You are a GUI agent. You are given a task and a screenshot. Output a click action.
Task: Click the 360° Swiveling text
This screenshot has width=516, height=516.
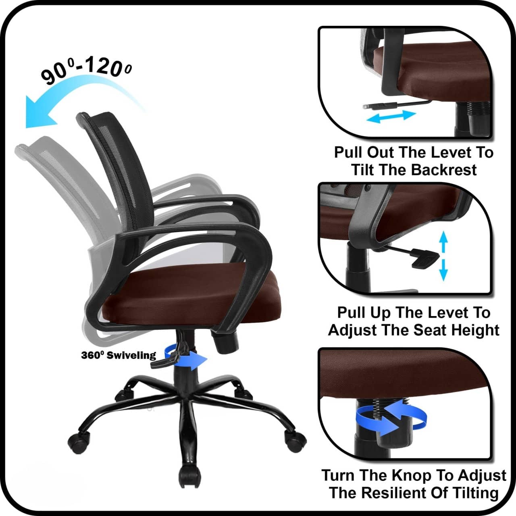tap(118, 355)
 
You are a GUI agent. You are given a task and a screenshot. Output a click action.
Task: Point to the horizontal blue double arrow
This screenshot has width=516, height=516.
tap(391, 117)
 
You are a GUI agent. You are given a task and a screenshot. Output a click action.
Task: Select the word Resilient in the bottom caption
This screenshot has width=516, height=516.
tap(408, 493)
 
